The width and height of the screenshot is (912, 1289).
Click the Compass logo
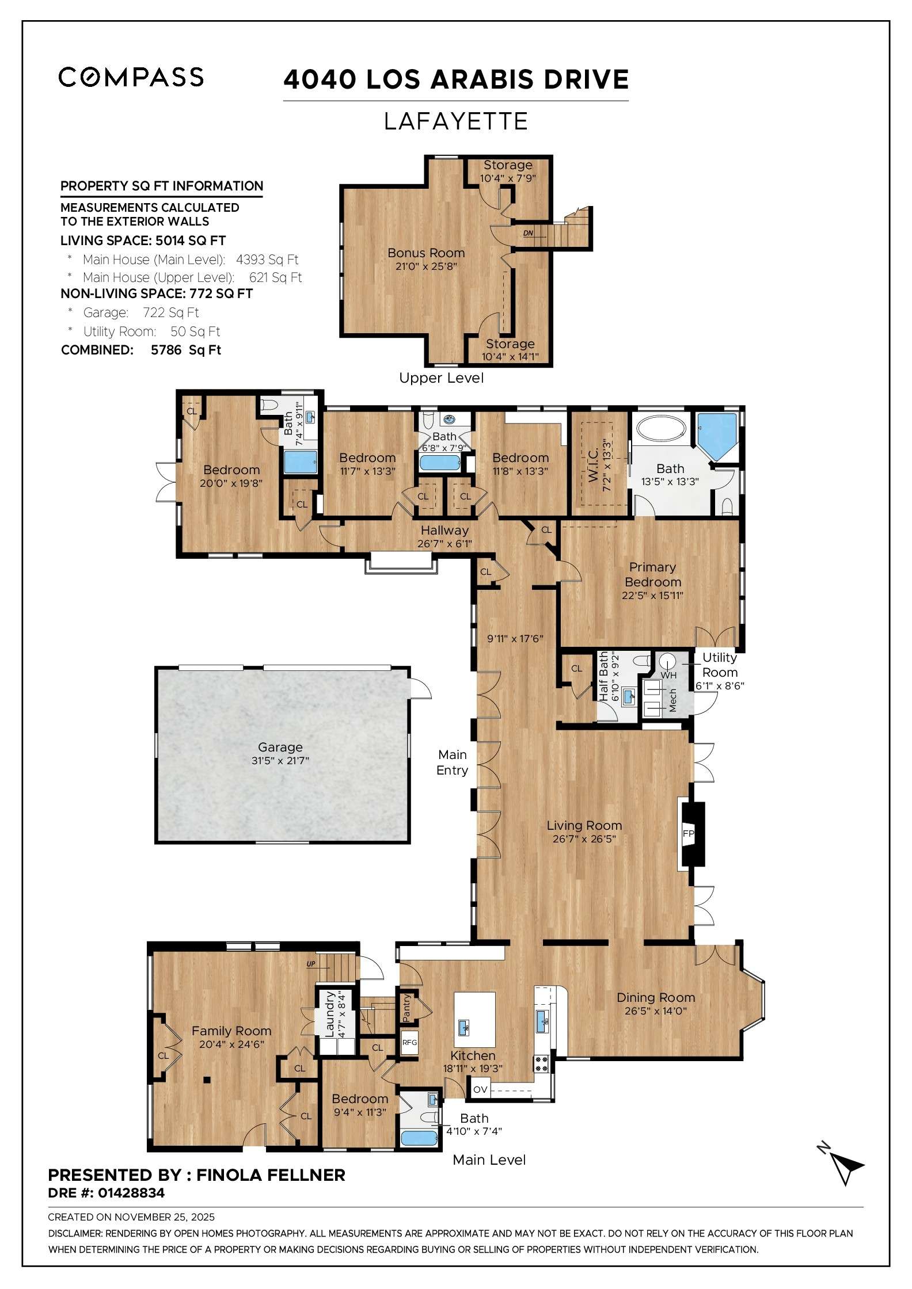131,77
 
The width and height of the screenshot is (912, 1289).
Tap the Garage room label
280,747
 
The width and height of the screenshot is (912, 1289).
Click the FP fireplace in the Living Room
688,833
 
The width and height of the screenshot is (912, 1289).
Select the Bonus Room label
426,253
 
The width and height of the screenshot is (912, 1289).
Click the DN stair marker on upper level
528,233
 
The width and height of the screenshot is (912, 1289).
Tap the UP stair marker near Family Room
311,964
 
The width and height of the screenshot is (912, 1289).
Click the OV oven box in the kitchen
480,1089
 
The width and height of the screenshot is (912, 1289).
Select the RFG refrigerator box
409,1042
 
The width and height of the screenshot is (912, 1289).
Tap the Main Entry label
453,762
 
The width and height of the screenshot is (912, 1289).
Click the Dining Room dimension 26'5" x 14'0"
656,1011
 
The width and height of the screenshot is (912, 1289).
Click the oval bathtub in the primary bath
661,429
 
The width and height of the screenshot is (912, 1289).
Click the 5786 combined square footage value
166,350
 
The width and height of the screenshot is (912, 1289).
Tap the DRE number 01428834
131,1193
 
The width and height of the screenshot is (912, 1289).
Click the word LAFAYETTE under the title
455,121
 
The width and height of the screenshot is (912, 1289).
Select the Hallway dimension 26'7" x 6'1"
444,543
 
